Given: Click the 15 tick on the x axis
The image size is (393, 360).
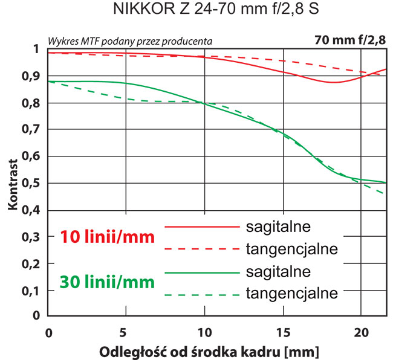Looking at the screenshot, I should click(x=282, y=332).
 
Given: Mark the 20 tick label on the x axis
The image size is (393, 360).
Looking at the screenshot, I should click(x=360, y=332).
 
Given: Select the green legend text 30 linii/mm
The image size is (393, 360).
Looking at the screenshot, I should click(x=107, y=281).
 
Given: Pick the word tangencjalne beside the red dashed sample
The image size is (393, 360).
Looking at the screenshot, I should click(x=291, y=249).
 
